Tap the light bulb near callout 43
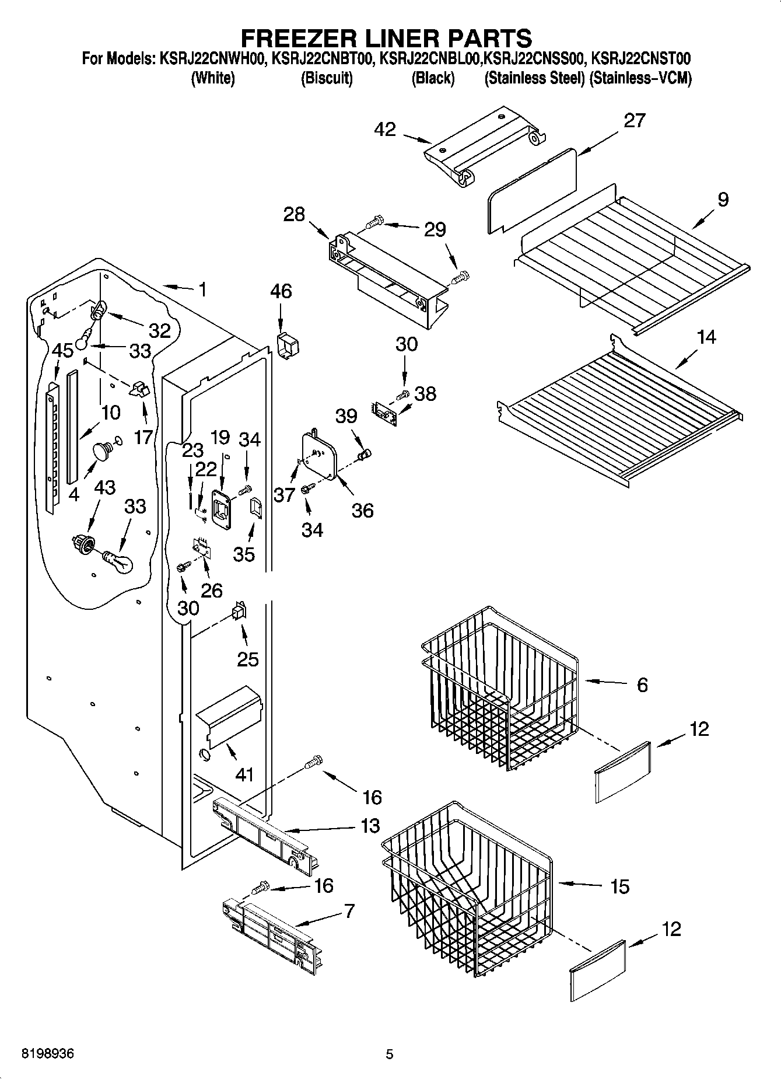pos(118,561)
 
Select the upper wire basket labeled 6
pos(499,689)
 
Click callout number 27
pos(635,120)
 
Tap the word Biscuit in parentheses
pos(327,78)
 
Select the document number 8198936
pos(48,1054)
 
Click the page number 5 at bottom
pos(390,1054)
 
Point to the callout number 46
pos(281,291)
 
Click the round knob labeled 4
pos(103,452)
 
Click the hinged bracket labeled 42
pos(484,146)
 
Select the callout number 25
pos(247,659)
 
